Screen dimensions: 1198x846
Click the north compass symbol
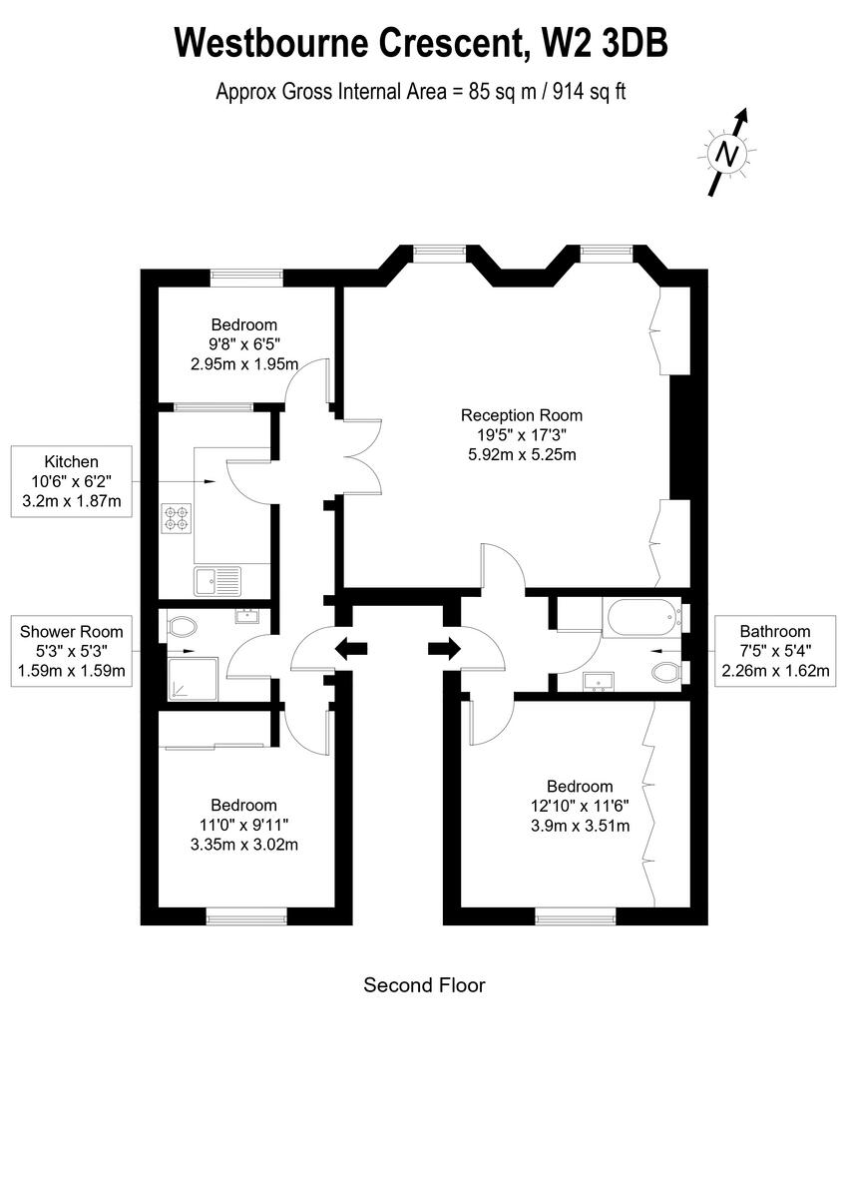[x=728, y=154]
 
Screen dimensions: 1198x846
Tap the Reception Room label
[x=521, y=415]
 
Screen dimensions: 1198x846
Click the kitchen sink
[x=217, y=578]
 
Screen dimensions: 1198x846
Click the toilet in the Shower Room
[x=183, y=627]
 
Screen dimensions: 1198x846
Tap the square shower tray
[x=189, y=677]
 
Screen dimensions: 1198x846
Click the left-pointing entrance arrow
[x=350, y=649]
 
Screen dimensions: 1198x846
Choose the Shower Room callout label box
[x=71, y=651]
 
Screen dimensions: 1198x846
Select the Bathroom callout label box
[x=774, y=651]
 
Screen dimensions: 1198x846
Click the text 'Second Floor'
[x=424, y=985]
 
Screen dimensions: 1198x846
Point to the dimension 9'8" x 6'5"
[x=243, y=344]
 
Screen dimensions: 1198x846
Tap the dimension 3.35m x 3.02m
[x=243, y=844]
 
